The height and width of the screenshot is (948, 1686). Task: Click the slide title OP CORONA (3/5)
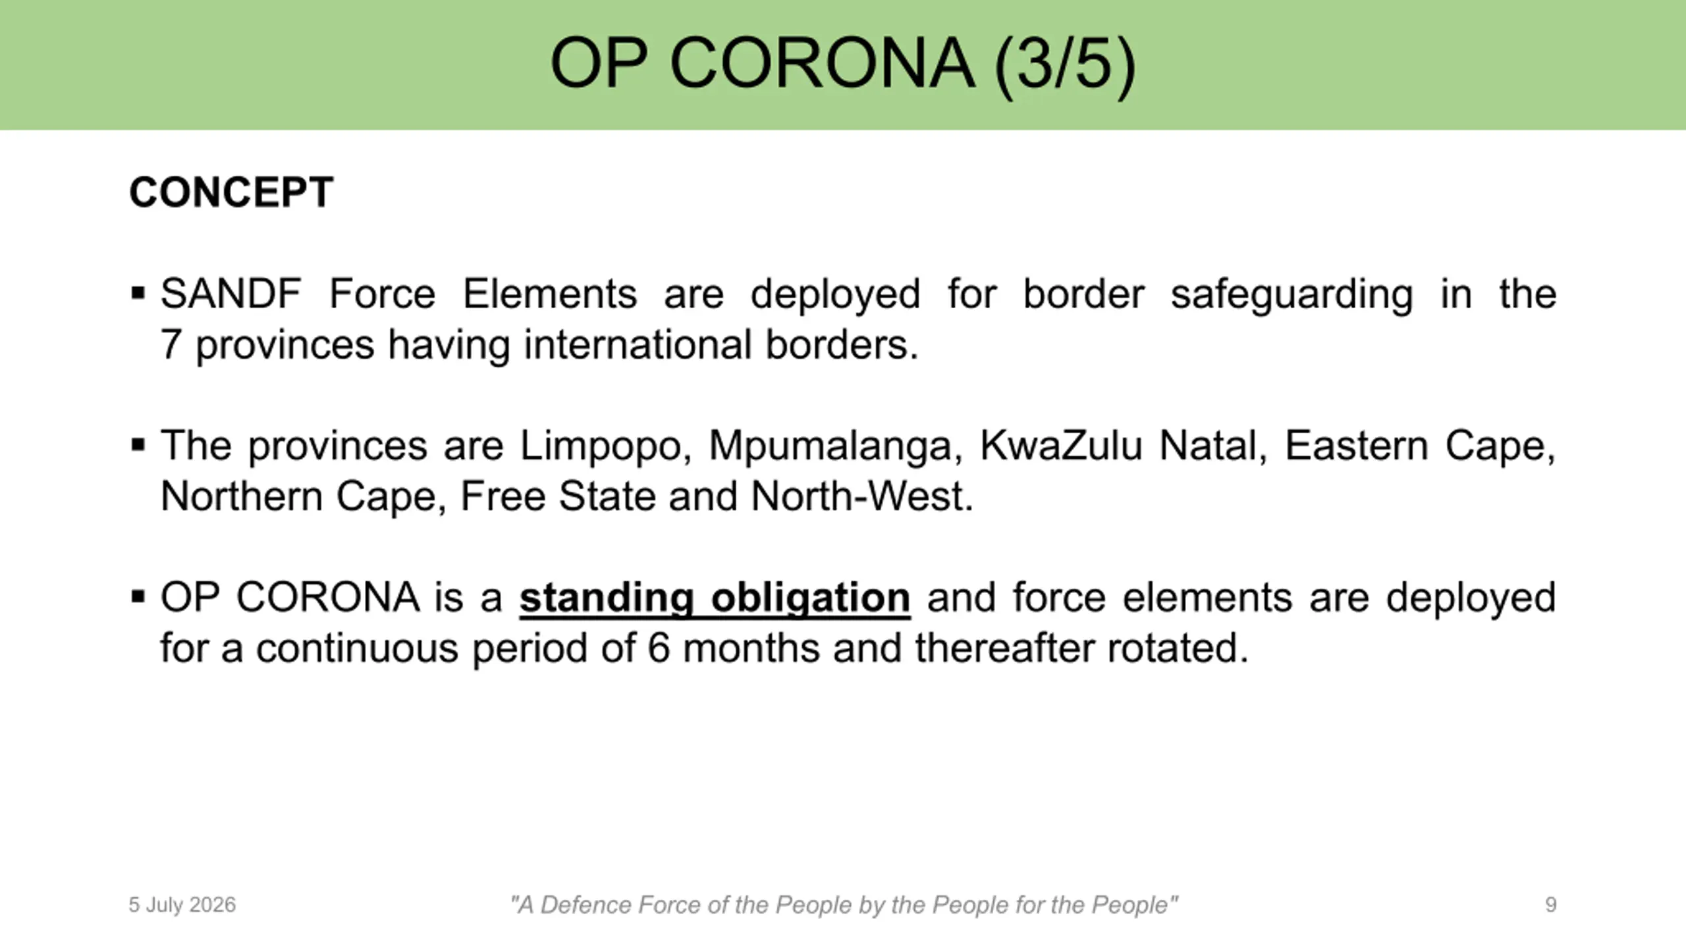click(x=843, y=64)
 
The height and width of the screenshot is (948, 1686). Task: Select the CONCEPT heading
click(x=231, y=192)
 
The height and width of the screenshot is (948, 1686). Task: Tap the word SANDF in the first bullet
click(x=231, y=294)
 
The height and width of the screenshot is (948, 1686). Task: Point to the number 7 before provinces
click(x=171, y=344)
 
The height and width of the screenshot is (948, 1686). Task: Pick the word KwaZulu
click(x=1060, y=446)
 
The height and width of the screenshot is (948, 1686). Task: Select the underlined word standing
click(x=607, y=598)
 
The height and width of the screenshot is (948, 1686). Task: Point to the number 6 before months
click(x=659, y=648)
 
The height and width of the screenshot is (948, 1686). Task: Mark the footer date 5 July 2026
click(x=182, y=905)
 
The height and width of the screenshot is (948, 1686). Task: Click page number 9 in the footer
click(x=1551, y=905)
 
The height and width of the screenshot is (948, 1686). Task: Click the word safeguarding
click(x=1292, y=294)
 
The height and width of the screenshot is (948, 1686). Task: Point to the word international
click(x=638, y=344)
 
